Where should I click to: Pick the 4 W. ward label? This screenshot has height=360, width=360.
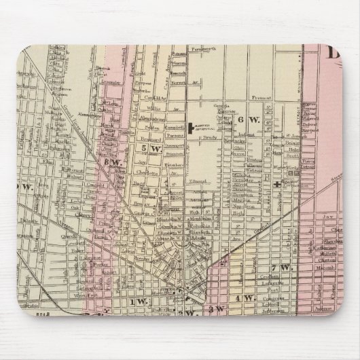[244, 298]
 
